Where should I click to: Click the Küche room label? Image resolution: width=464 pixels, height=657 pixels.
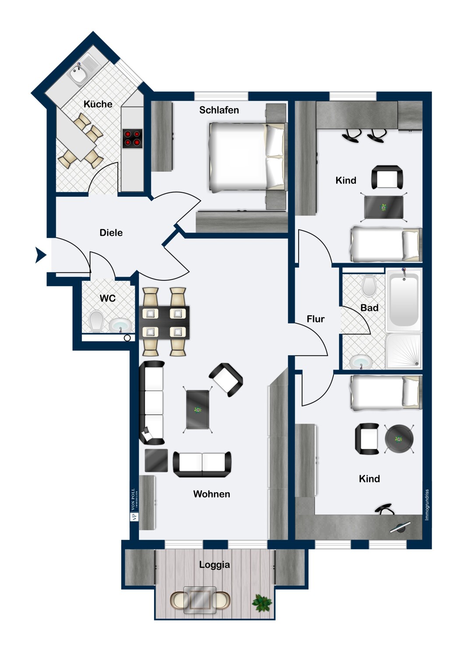pos(98,104)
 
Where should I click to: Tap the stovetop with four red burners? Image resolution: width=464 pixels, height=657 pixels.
pos(132,138)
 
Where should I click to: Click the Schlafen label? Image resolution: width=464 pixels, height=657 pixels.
pos(219,110)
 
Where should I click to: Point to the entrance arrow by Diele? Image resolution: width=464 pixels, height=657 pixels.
pos(40,254)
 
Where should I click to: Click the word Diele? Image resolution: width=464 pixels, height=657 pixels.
pos(111,233)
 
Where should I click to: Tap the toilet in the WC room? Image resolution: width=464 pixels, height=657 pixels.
pos(96,321)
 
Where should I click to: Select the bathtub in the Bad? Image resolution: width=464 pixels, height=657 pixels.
pos(403,299)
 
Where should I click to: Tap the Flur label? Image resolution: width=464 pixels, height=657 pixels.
pos(316,319)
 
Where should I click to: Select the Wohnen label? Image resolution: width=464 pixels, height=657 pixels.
pos(211,494)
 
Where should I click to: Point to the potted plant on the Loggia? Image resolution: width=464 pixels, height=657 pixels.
pos(262,603)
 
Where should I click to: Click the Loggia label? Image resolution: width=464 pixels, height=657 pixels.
pos(214,565)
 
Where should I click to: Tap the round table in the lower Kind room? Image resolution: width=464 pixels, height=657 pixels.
pos(399,439)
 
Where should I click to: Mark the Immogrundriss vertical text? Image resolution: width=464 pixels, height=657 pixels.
pos(427,505)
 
